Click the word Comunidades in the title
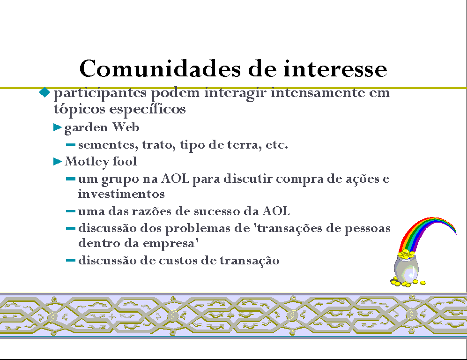[x=160, y=68]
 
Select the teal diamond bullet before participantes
[x=44, y=92]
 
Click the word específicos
[x=148, y=109]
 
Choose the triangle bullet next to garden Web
[x=58, y=127]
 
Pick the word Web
[x=126, y=127]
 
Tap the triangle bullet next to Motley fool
[x=58, y=162]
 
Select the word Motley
[x=87, y=162]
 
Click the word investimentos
[x=121, y=194]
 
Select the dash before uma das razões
[x=71, y=211]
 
